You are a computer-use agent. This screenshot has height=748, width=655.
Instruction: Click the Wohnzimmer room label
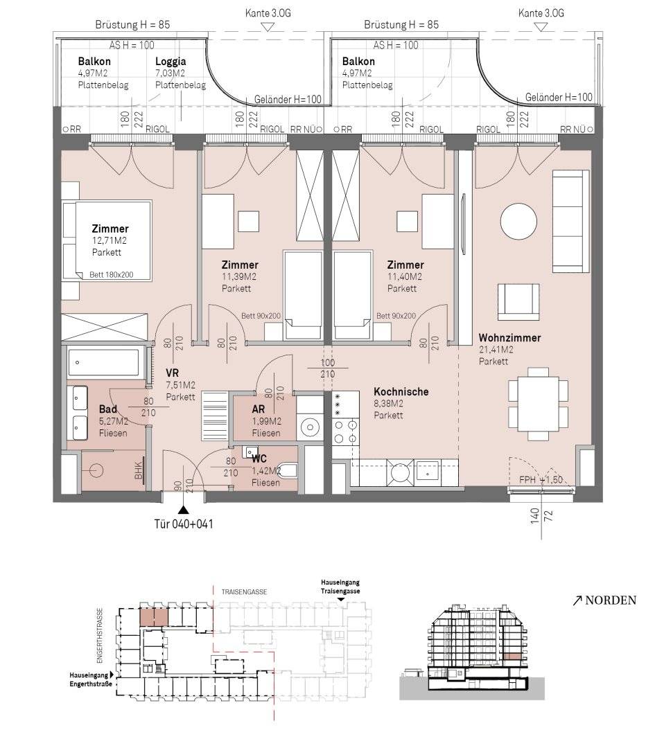click(x=509, y=338)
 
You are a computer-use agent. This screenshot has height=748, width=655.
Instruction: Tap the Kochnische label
click(x=401, y=391)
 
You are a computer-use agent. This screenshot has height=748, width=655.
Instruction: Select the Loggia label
click(x=171, y=62)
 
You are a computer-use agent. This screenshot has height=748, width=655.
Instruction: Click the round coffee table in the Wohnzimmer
click(x=518, y=222)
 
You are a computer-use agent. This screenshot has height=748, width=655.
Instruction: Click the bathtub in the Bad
click(x=103, y=362)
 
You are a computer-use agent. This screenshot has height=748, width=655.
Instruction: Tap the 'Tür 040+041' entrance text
click(x=183, y=524)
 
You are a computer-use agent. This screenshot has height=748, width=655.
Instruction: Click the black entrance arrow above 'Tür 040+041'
click(x=183, y=510)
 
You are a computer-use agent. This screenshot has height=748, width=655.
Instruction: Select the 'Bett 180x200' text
click(x=111, y=275)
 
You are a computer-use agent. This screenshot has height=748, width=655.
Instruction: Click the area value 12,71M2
click(x=110, y=240)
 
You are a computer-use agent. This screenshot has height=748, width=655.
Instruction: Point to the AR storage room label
click(x=259, y=409)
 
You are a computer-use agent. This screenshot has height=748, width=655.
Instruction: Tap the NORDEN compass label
click(x=611, y=600)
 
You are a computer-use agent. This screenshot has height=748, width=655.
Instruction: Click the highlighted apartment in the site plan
click(x=154, y=618)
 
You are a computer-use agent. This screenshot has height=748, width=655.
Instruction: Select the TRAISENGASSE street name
click(x=244, y=591)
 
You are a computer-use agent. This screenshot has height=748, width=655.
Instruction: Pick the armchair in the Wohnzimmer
click(x=518, y=302)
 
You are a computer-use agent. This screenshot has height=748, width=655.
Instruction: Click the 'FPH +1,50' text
click(x=541, y=480)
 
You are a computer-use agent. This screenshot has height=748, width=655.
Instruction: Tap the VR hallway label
click(x=173, y=373)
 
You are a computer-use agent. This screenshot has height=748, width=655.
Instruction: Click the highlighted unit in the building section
click(x=512, y=657)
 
